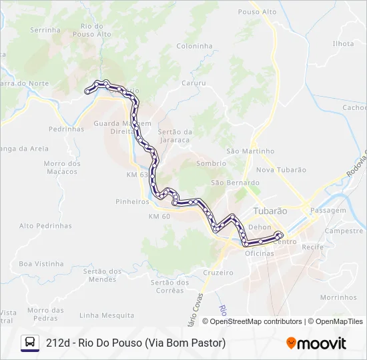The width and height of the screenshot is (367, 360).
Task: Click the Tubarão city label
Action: click(270, 211)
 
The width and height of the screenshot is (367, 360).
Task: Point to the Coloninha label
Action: click(194, 46)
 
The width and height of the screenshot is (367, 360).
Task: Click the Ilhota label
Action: click(343, 43)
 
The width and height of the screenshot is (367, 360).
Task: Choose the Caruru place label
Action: click(193, 84)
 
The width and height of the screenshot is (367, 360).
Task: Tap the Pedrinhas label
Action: click(67, 129)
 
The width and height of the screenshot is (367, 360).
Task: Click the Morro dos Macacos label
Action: click(61, 167)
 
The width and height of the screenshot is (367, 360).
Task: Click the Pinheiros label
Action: click(132, 201)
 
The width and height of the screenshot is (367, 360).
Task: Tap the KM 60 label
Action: click(159, 217)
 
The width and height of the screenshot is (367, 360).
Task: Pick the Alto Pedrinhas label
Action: click(45, 225)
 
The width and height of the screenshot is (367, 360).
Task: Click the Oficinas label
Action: click(260, 254)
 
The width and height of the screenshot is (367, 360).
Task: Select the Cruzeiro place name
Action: click(218, 273)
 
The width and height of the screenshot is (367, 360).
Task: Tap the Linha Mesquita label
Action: click(107, 315)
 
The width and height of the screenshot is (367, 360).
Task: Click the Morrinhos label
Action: click(338, 297)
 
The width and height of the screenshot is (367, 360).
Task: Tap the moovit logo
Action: click(316, 343)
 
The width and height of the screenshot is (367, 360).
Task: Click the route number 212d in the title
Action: click(58, 343)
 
